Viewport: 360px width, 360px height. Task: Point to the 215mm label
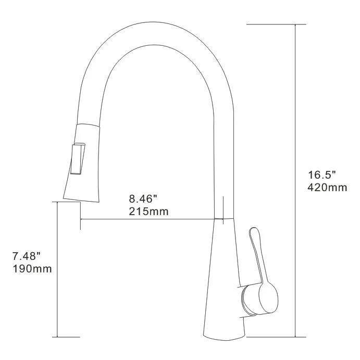click(148, 212)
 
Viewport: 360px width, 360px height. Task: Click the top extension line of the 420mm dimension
click(276, 24)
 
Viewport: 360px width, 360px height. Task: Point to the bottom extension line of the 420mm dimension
click(276, 337)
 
